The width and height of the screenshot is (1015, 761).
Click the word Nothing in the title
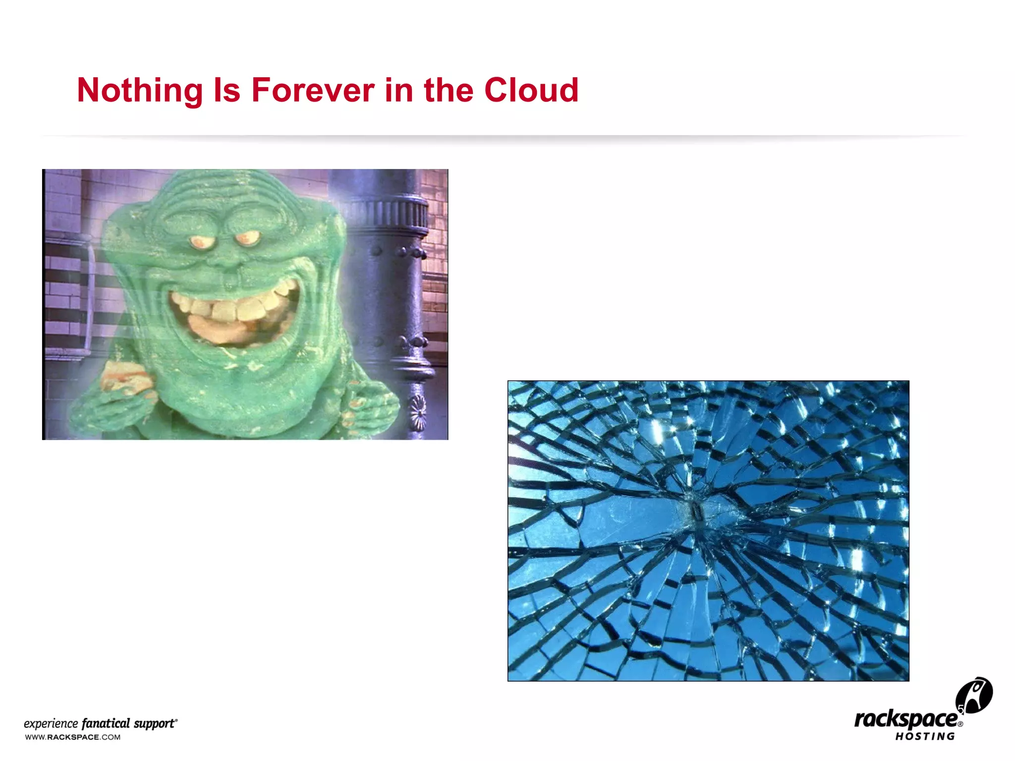140,91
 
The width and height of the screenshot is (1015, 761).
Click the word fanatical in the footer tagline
106,723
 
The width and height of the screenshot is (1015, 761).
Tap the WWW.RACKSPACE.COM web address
73,737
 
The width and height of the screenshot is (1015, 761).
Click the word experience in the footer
51,724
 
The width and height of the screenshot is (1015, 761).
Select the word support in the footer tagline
155,723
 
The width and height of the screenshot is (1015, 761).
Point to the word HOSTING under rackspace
925,737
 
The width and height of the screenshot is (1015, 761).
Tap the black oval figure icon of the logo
974,695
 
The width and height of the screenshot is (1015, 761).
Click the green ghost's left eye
201,242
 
